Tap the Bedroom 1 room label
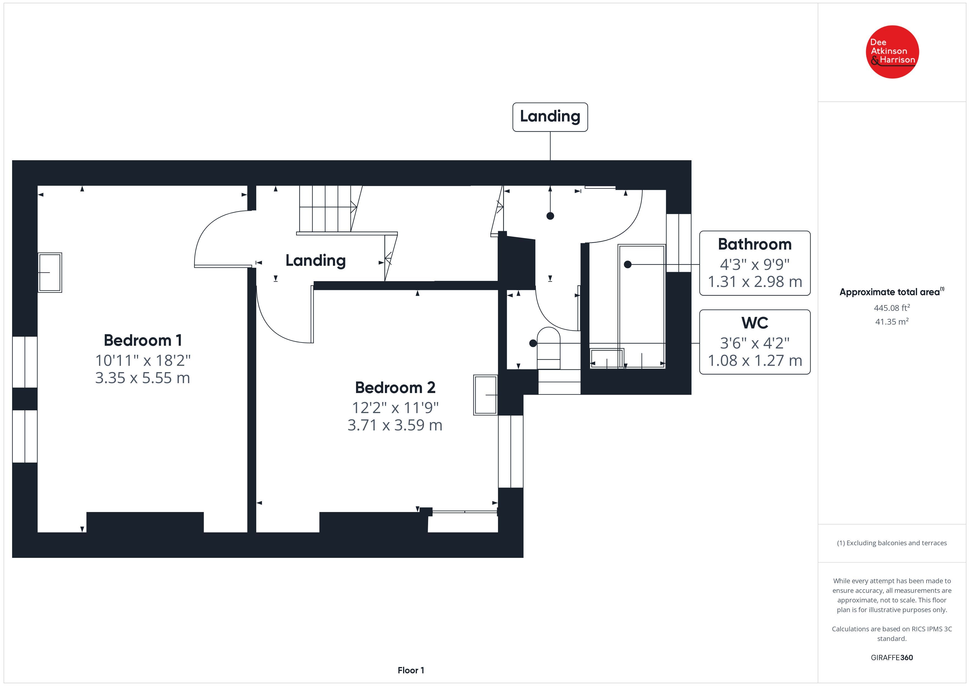coord(143,340)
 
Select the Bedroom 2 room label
coord(395,387)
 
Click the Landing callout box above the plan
coord(550,117)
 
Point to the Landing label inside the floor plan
coord(316,261)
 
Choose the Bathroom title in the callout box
coord(754,244)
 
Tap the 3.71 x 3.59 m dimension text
coord(395,425)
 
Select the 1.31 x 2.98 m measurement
coord(754,282)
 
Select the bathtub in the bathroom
coord(641,306)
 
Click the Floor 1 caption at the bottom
coord(411,670)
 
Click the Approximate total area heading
coord(891,292)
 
